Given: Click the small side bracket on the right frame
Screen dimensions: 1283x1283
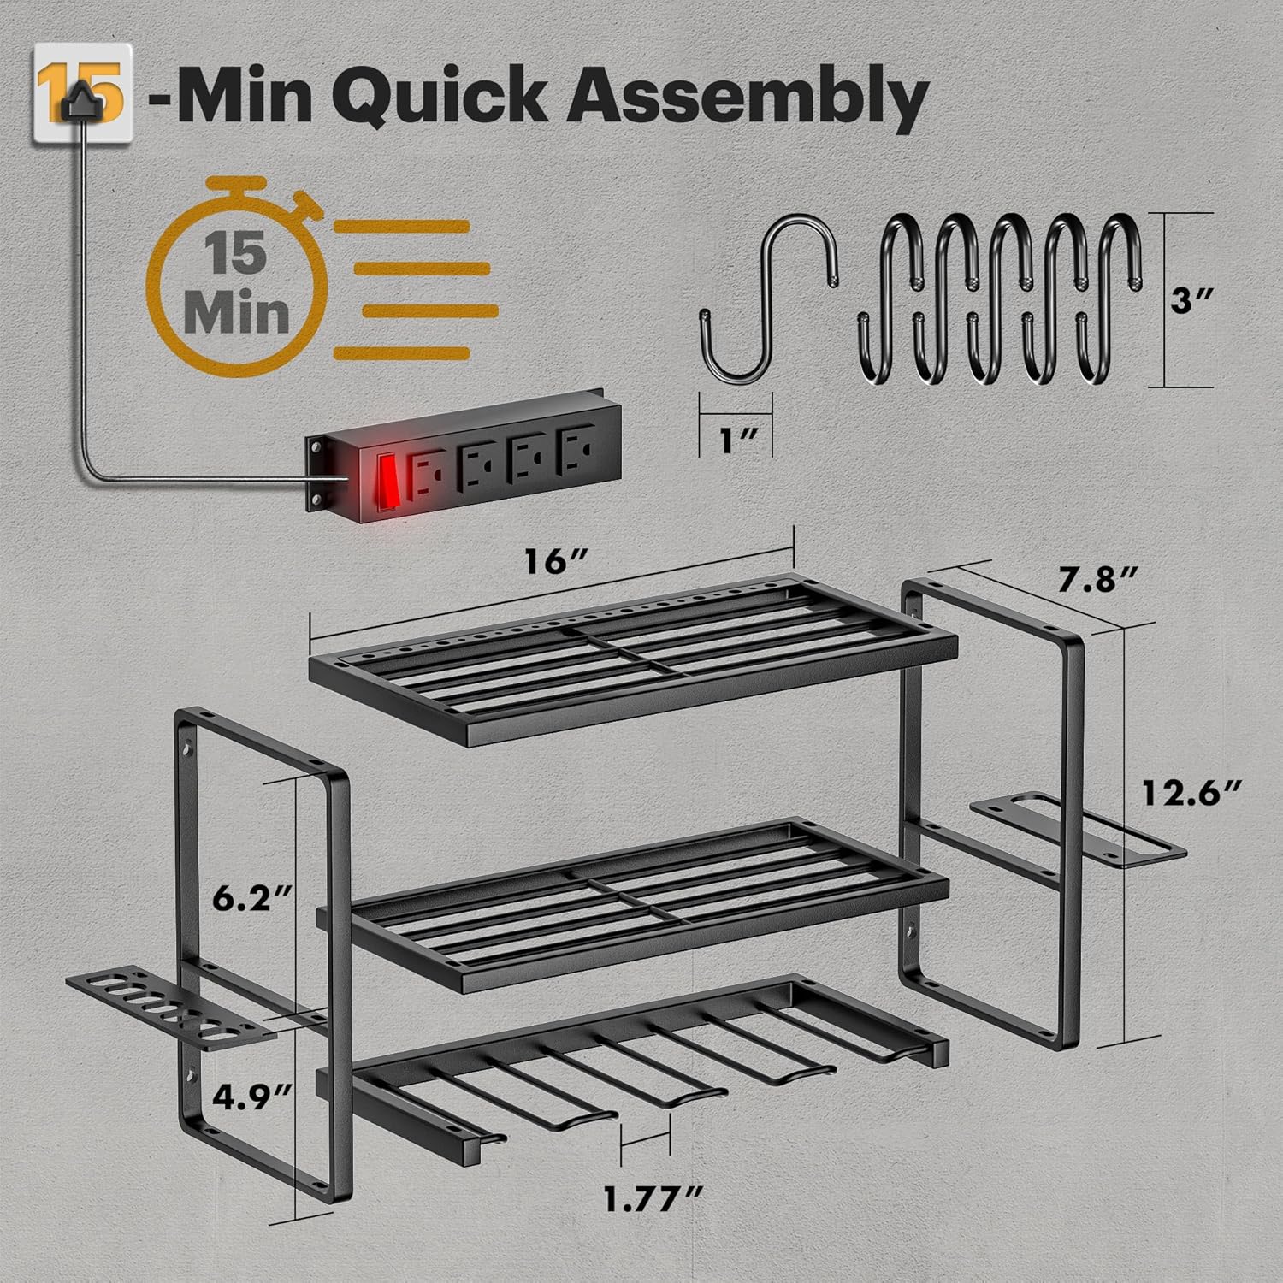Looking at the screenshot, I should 1079,828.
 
